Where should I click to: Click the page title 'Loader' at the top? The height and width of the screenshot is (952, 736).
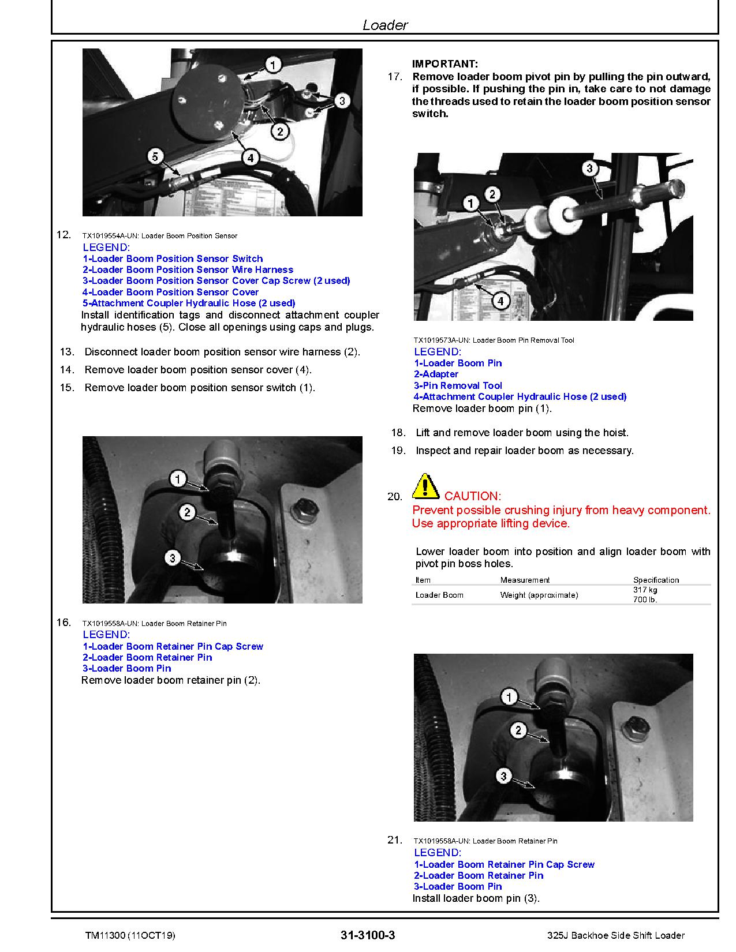pos(385,25)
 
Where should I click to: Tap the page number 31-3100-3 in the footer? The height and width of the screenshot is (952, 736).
pos(368,935)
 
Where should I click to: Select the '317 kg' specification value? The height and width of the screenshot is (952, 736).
pos(645,590)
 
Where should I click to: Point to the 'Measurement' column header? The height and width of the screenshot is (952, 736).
pos(525,580)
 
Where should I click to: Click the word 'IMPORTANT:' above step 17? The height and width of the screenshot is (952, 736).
pos(445,64)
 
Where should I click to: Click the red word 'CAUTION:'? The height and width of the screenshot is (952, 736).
pos(473,496)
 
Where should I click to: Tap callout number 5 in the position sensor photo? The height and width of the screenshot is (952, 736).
pos(155,156)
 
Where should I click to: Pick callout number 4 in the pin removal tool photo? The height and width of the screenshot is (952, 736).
pos(500,301)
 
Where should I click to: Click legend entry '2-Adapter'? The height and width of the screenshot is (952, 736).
pos(436,374)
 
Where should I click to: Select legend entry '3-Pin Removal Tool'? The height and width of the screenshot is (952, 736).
pos(458,385)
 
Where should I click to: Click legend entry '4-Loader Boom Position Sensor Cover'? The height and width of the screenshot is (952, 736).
pos(170,292)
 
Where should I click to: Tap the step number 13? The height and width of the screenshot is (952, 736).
pos(67,352)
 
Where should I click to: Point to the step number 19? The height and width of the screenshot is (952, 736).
pos(398,451)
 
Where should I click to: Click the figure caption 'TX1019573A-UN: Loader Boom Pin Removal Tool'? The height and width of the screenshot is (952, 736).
pos(494,340)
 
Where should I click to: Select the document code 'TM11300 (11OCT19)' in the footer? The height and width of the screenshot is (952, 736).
pos(130,936)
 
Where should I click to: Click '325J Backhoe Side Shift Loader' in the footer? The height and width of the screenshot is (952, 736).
pos(616,935)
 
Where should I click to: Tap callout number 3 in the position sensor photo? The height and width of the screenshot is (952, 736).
pos(342,101)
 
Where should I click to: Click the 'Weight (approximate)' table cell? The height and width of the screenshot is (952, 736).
pos(539,595)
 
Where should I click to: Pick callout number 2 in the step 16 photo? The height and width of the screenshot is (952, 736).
pos(187,512)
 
